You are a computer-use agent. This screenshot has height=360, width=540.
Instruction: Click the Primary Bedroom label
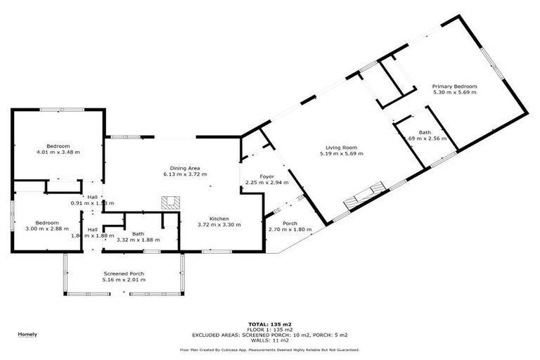[x=455, y=86]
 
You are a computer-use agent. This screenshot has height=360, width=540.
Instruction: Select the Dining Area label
[x=186, y=169]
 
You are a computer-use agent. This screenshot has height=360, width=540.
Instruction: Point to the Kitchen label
[x=219, y=219]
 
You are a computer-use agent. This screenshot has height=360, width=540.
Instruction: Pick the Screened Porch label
[x=124, y=274]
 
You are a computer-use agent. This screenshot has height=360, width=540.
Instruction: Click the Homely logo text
[x=27, y=334]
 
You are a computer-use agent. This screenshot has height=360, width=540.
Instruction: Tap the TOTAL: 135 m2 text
[x=269, y=324]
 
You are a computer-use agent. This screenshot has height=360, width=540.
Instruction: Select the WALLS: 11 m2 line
[x=269, y=339]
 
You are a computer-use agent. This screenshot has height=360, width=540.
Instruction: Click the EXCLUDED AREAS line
[x=269, y=334]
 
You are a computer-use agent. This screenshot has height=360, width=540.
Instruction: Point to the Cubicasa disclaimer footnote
[x=269, y=349]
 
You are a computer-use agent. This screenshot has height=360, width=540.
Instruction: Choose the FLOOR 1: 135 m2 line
[x=269, y=329]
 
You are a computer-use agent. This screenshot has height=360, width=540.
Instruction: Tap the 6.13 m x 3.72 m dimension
[x=186, y=174]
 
